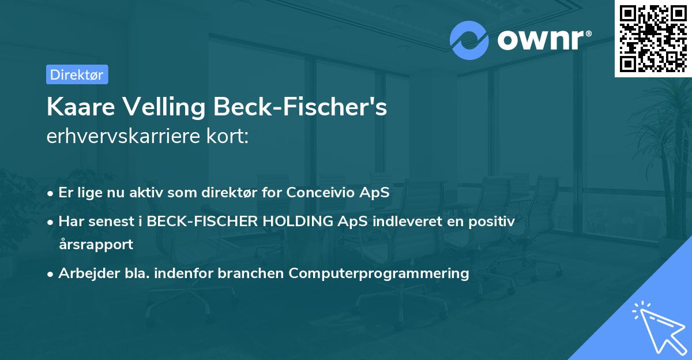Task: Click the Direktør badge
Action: (77, 74)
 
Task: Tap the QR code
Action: (653, 38)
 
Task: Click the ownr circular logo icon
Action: (469, 39)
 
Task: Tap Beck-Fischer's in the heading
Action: (300, 107)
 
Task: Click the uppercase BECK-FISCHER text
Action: (193, 220)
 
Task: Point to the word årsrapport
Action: (96, 244)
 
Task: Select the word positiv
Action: (492, 220)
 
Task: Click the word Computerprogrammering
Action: (379, 273)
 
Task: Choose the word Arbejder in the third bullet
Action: (83, 273)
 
